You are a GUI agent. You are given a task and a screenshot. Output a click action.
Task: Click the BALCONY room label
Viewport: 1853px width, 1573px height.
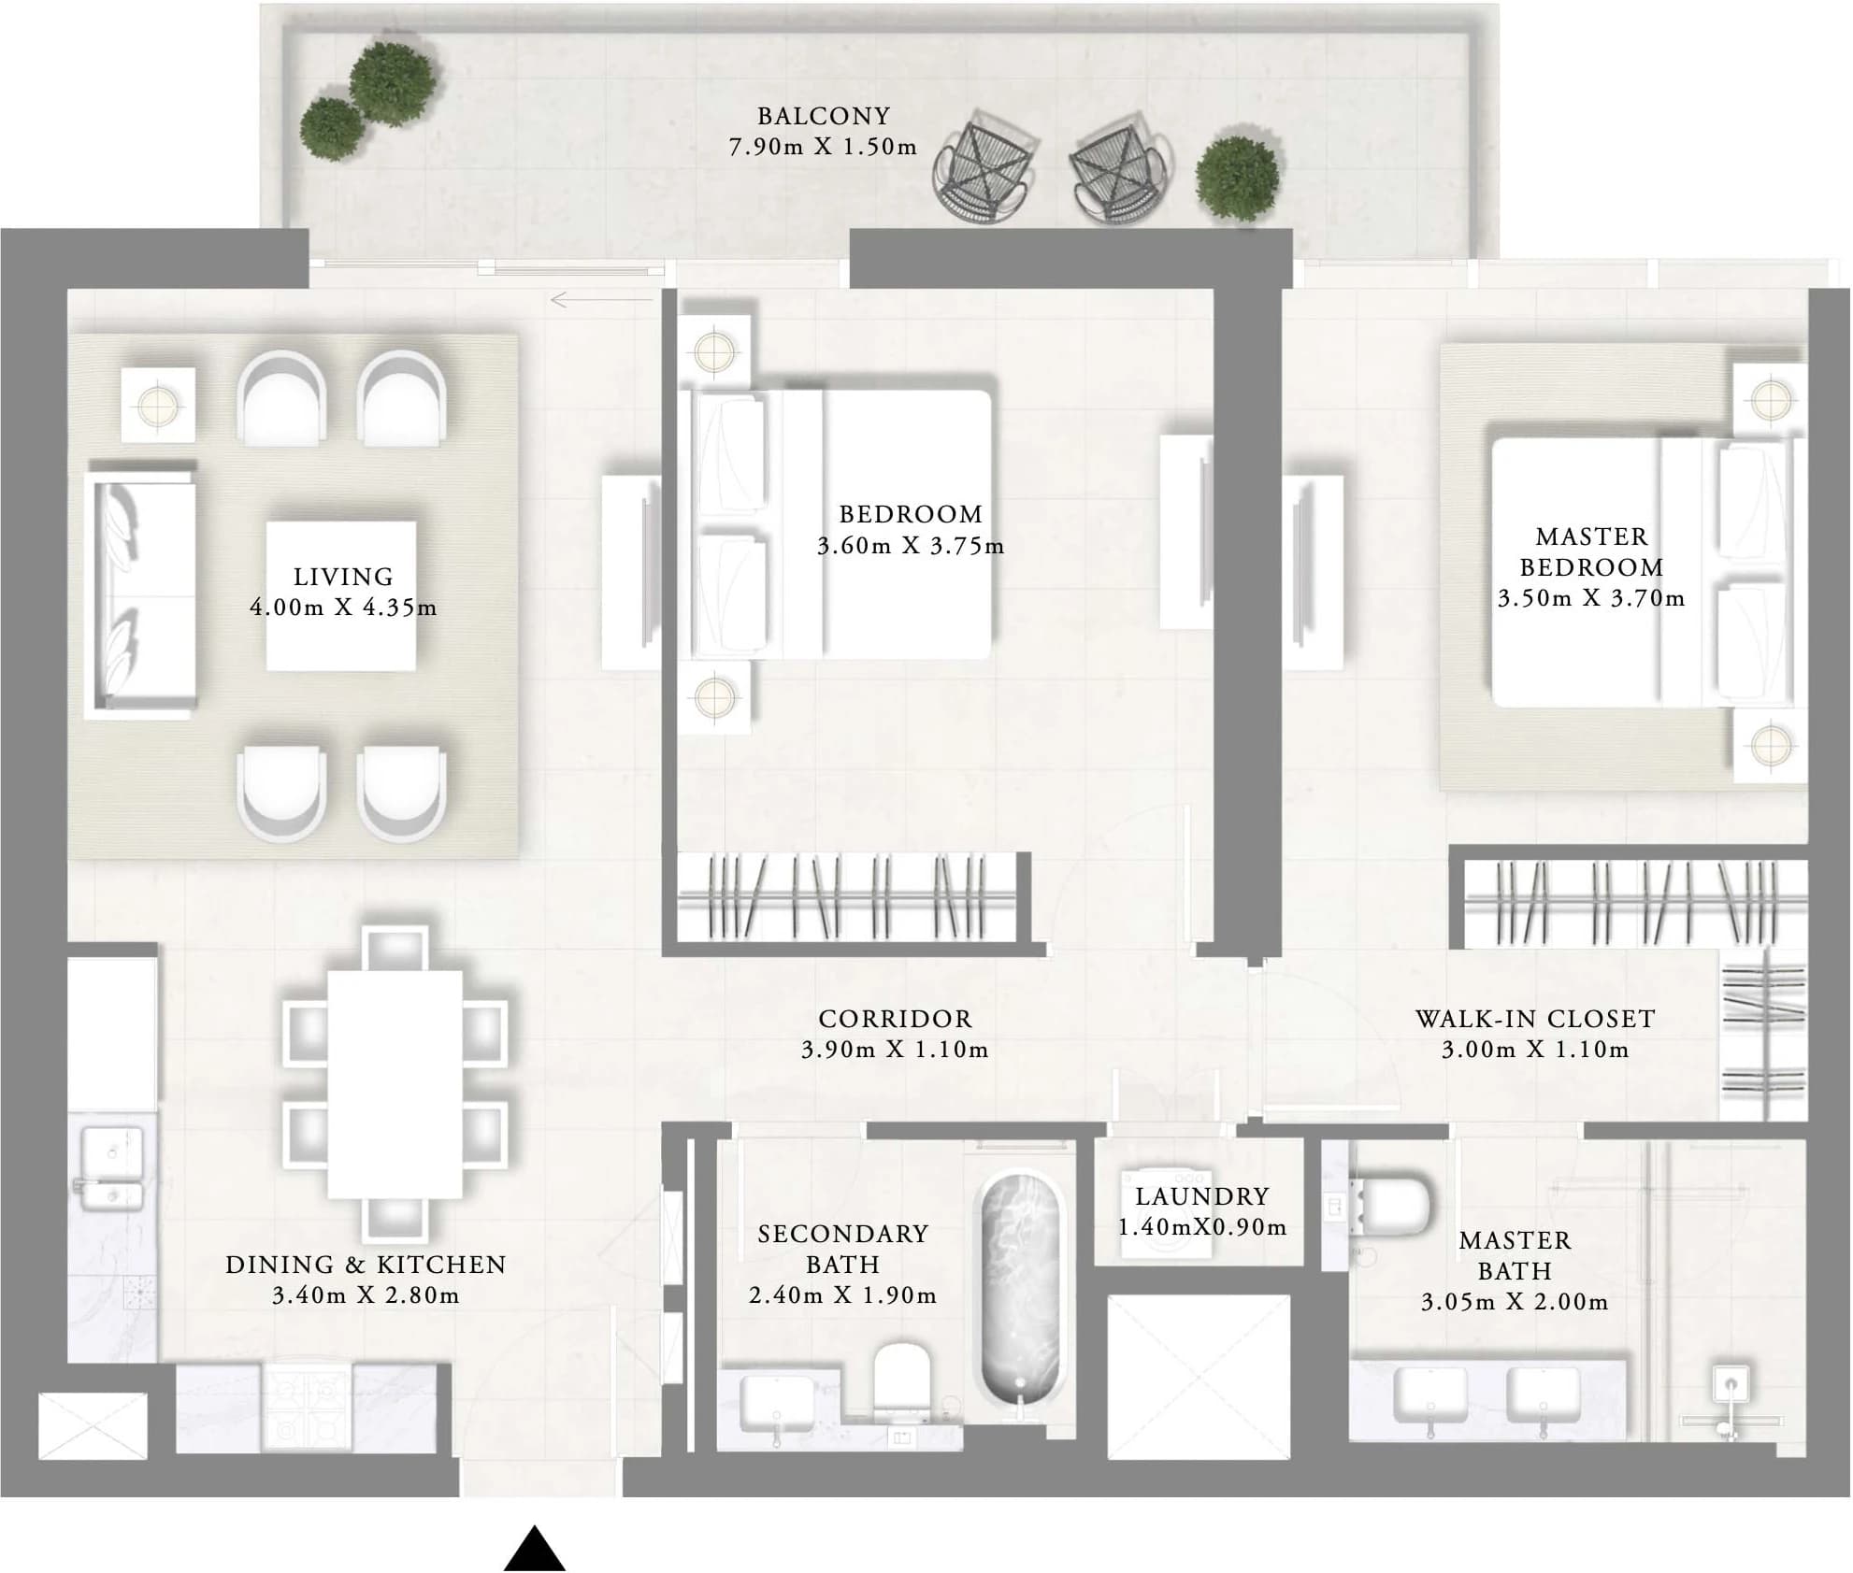point(823,116)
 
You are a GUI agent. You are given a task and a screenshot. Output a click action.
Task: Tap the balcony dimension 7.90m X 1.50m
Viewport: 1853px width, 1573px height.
point(823,148)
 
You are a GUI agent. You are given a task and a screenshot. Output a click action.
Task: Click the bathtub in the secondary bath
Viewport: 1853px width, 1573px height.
point(1020,1290)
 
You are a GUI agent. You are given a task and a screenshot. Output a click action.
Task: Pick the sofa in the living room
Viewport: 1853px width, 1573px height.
point(140,594)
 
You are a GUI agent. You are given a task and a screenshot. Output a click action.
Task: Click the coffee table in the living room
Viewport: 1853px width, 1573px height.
point(341,595)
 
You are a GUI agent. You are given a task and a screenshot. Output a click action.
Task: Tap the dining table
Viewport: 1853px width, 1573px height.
point(395,1084)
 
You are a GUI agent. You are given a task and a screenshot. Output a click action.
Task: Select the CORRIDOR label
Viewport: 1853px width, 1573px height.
point(895,1019)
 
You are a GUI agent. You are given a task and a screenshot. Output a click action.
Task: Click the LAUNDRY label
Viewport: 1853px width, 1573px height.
point(1202,1196)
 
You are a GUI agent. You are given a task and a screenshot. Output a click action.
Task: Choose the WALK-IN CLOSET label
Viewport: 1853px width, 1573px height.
point(1535,1019)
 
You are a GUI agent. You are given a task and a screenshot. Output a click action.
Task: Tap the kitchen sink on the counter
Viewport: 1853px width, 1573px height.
point(112,1168)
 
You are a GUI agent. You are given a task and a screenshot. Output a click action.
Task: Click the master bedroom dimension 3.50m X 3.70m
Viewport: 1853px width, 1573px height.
point(1591,598)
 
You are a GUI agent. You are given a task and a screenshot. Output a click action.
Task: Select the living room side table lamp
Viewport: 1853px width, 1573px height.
point(158,406)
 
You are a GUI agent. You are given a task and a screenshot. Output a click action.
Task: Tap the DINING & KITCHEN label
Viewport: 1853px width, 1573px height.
point(366,1265)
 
